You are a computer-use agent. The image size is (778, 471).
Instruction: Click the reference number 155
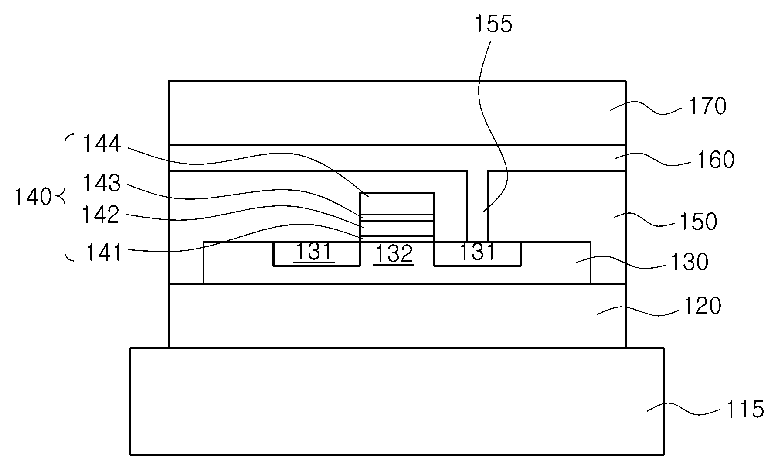pos(493,24)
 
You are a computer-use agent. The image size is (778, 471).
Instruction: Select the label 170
pos(707,106)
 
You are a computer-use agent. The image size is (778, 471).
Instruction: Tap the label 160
pos(715,160)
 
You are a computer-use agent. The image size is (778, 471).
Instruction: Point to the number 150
pos(698,222)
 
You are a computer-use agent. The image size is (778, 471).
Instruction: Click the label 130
pos(689,262)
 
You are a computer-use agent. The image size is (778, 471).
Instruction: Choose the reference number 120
pos(702,306)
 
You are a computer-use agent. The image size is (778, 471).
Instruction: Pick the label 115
pos(745,410)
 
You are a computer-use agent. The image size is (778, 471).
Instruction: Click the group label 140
pos(33,197)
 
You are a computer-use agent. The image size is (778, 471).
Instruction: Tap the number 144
pos(102,143)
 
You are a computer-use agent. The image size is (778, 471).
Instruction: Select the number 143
pos(102,184)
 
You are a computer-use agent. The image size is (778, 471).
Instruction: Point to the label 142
pos(101,215)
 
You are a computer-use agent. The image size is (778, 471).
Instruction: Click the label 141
pos(103,253)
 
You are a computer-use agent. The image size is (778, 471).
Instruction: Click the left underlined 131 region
pos(314,253)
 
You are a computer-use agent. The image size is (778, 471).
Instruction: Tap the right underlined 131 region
pos(477,253)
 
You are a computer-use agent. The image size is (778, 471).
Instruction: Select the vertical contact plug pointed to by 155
pos(477,206)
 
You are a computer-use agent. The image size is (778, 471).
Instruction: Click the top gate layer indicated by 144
pos(397,203)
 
